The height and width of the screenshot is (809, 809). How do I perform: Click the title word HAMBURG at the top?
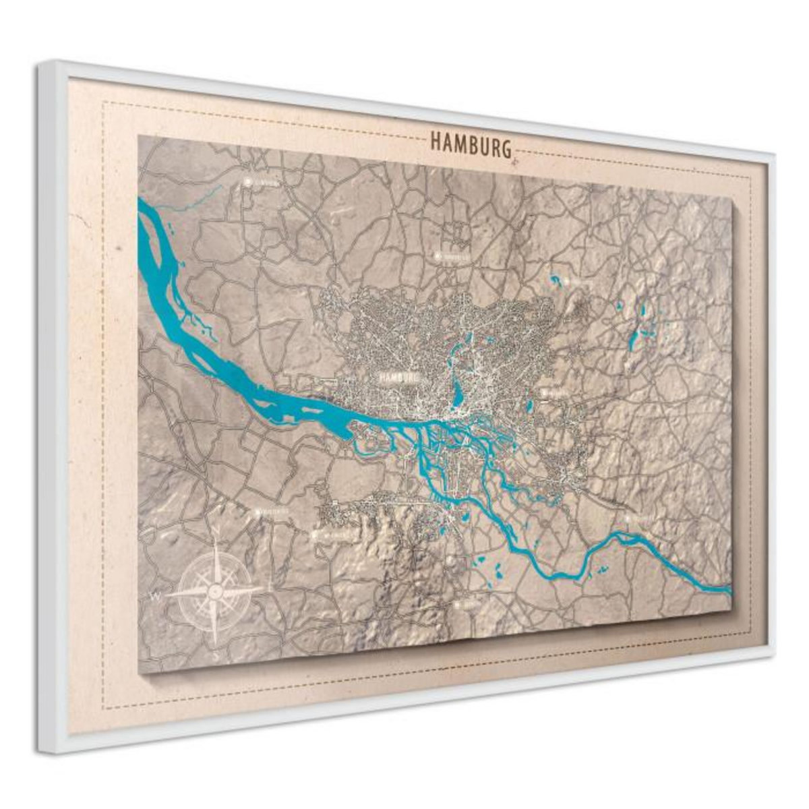pyautogui.click(x=470, y=144)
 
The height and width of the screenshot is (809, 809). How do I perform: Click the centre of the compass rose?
pyautogui.click(x=215, y=591)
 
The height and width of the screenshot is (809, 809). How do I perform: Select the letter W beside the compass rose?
pyautogui.click(x=156, y=596)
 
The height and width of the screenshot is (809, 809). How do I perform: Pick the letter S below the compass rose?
pyautogui.click(x=214, y=653)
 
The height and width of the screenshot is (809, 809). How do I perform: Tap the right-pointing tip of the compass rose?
pyautogui.click(x=267, y=588)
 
